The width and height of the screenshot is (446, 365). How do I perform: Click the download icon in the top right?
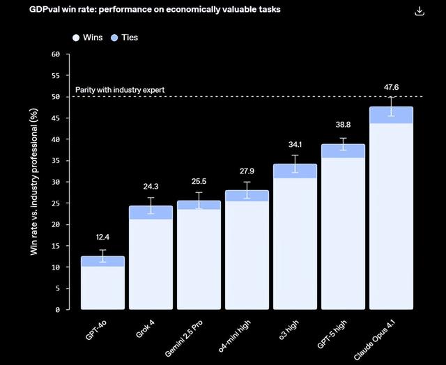[419, 11]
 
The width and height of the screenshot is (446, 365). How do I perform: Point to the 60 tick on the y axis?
[56, 54]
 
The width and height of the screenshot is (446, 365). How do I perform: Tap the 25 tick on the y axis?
[56, 203]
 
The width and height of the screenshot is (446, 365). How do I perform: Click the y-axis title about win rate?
[34, 182]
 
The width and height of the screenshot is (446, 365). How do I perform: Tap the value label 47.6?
[391, 88]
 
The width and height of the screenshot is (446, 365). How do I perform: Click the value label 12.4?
[102, 238]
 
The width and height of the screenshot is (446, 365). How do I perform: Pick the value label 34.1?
[295, 145]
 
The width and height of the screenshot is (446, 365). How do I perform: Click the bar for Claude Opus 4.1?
[391, 216]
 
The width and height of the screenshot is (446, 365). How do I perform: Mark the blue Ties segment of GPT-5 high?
[343, 151]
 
